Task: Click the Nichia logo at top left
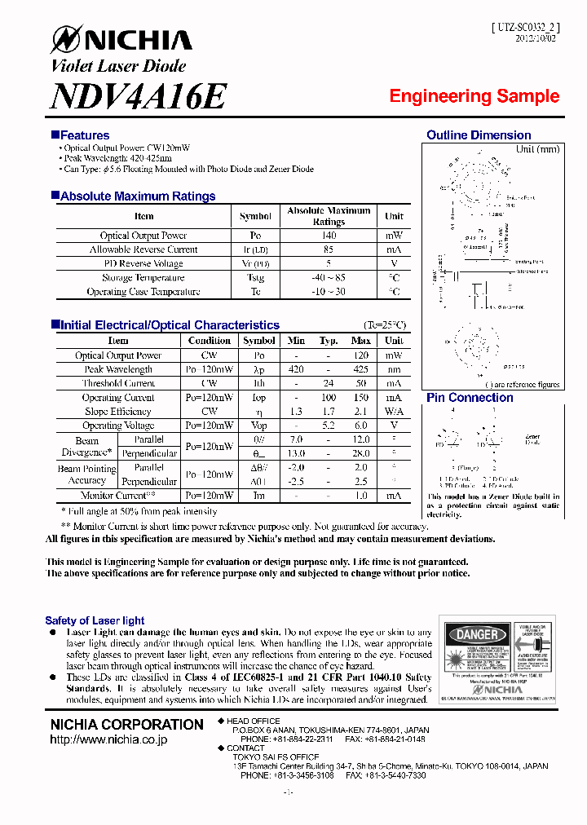(x=121, y=40)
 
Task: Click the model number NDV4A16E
(x=138, y=97)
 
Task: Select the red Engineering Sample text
(x=474, y=96)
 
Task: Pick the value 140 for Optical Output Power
(x=329, y=236)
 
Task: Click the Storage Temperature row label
(x=143, y=278)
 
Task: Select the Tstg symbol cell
(x=255, y=278)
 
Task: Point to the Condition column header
(x=210, y=341)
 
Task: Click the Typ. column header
(x=329, y=341)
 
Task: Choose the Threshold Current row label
(x=118, y=383)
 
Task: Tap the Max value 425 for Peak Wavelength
(x=361, y=369)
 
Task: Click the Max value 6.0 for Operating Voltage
(x=361, y=426)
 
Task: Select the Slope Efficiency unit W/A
(x=394, y=412)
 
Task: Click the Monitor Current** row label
(x=118, y=496)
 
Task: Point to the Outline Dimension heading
(x=479, y=135)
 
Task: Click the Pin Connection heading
(x=470, y=398)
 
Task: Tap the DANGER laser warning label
(x=477, y=634)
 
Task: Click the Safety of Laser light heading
(x=95, y=620)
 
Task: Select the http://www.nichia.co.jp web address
(x=108, y=739)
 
